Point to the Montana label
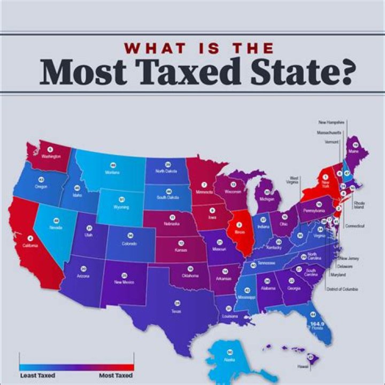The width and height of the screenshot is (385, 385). pos(113,172)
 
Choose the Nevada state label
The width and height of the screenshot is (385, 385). pos(56,227)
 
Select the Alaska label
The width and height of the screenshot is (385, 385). pos(230,359)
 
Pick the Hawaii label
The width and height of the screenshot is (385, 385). pos(304,366)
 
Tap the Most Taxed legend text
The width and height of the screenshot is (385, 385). pos(115,375)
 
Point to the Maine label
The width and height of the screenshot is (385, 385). pos(354,151)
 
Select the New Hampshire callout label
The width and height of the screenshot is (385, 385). pos(332,122)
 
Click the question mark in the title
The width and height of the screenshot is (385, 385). pos(343,73)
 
